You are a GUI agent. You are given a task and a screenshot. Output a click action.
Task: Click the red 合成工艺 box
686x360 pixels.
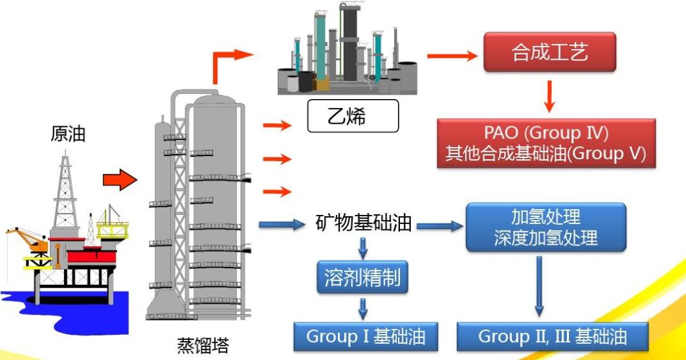(549, 52)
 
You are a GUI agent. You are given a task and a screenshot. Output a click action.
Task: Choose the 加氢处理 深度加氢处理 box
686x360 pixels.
(546, 227)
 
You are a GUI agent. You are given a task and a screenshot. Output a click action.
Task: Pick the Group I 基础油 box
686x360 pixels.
(361, 337)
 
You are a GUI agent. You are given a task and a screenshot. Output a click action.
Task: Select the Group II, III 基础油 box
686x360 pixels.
(552, 337)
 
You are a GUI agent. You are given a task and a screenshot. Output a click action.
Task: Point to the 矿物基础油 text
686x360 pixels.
(364, 223)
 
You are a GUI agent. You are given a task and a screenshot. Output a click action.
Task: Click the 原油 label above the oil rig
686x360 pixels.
(68, 134)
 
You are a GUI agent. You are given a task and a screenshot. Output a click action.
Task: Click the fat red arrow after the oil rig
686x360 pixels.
(120, 179)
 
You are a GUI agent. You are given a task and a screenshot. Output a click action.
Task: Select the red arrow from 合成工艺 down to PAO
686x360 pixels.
(549, 95)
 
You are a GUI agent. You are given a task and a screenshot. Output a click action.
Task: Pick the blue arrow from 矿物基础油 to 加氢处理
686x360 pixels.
(440, 226)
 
